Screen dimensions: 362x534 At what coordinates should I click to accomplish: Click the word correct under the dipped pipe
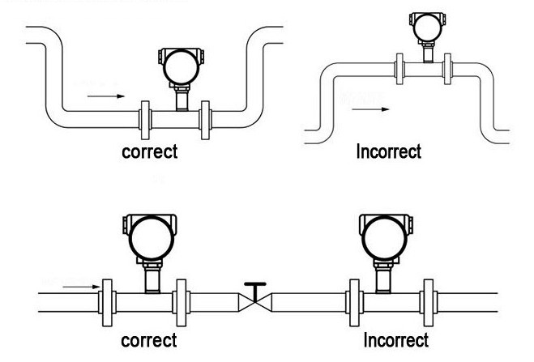tap(149, 151)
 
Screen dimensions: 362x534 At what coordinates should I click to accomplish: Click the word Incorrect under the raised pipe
tap(389, 151)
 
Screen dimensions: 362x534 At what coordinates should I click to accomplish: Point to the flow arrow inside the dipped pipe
tap(105, 96)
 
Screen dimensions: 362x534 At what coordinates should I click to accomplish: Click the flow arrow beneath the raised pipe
tap(376, 107)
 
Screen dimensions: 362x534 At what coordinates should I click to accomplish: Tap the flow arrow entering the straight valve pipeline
tap(77, 285)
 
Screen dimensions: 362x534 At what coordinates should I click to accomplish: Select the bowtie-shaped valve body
tap(256, 303)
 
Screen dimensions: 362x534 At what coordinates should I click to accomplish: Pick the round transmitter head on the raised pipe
tap(423, 27)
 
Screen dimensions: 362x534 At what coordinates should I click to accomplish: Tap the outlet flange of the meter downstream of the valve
tap(427, 303)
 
